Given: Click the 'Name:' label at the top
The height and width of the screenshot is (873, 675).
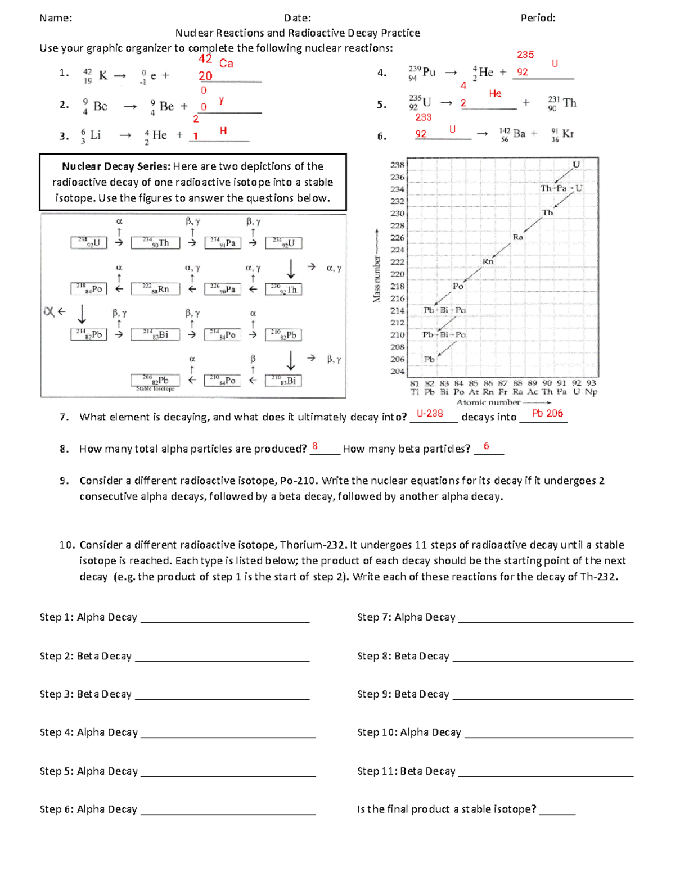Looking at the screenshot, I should pyautogui.click(x=56, y=18).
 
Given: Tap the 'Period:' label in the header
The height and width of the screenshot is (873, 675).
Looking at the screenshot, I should pyautogui.click(x=538, y=18).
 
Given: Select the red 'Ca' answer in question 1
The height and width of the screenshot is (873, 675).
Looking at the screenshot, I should pyautogui.click(x=226, y=64).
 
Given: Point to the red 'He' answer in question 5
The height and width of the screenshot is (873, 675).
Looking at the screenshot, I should pyautogui.click(x=495, y=93).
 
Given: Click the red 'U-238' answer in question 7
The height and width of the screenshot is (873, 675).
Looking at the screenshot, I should pyautogui.click(x=430, y=413).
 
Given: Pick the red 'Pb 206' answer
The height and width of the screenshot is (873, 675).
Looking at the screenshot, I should pyautogui.click(x=547, y=413).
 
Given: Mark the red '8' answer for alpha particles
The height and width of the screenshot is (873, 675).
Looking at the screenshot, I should pyautogui.click(x=315, y=446).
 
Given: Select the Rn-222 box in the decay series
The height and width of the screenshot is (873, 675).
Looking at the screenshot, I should pyautogui.click(x=155, y=289).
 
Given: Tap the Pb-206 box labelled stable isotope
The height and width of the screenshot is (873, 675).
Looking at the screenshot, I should pyautogui.click(x=155, y=381).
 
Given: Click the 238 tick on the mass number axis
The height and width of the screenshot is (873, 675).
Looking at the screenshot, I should pyautogui.click(x=397, y=165).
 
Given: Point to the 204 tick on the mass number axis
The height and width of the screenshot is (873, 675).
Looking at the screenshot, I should pyautogui.click(x=397, y=371).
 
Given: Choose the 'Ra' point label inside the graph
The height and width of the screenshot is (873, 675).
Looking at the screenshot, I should pyautogui.click(x=517, y=237).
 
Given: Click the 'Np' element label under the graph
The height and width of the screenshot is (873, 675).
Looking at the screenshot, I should pyautogui.click(x=591, y=392).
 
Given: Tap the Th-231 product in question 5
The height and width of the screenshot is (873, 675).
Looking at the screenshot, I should pyautogui.click(x=562, y=103).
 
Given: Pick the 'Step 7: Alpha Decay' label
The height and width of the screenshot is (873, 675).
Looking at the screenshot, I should pyautogui.click(x=406, y=617).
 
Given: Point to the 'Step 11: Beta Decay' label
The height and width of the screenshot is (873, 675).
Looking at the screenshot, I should pyautogui.click(x=406, y=771).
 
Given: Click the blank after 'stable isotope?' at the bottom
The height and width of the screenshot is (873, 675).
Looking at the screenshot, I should pyautogui.click(x=557, y=809).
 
